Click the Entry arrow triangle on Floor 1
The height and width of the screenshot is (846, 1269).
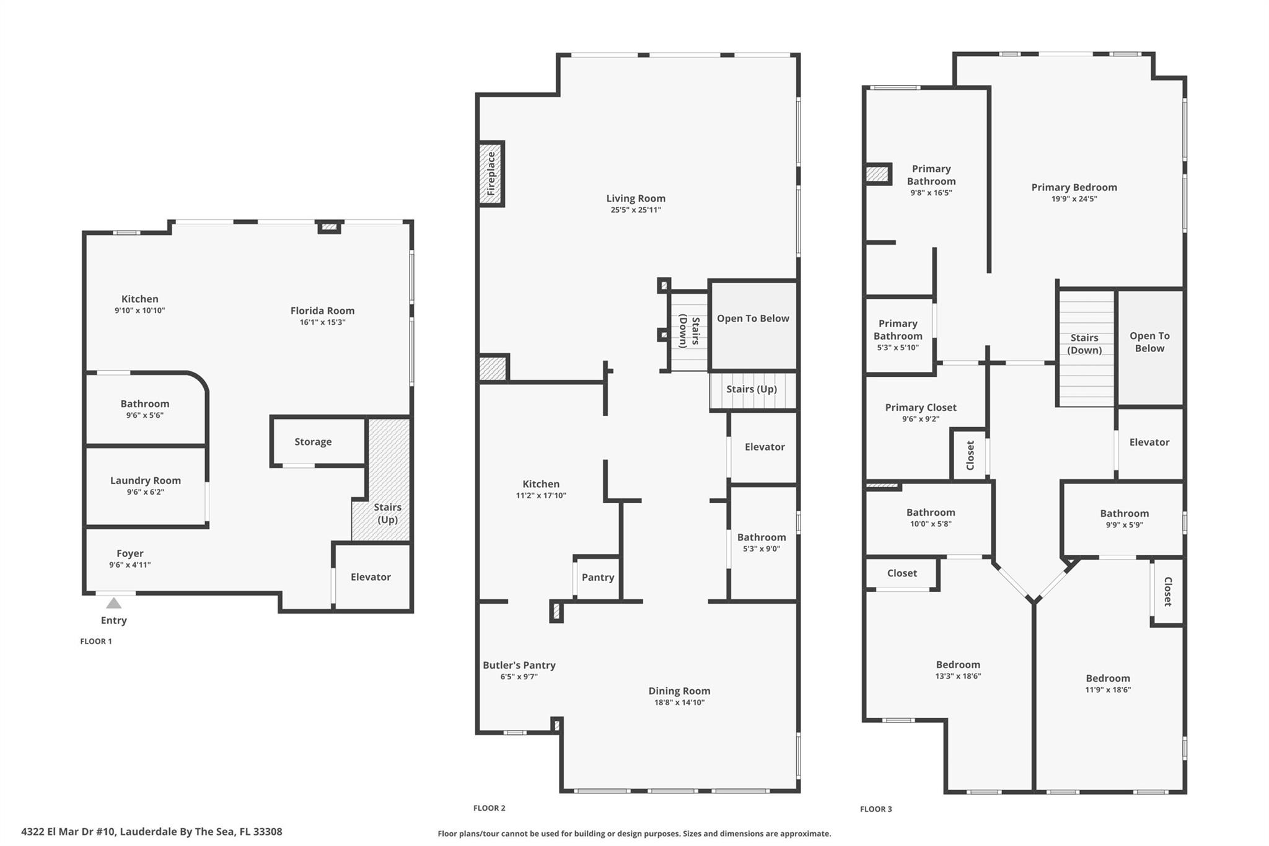pos(113,603)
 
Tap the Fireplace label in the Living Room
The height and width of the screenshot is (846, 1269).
pos(491,174)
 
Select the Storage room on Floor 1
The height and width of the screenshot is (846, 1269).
pos(313,442)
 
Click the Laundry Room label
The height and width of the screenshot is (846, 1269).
pos(146,480)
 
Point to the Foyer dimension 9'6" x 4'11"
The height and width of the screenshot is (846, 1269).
pos(130,565)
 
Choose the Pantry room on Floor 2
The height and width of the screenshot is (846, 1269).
pos(597,577)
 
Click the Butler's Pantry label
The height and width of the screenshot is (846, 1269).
pos(519,665)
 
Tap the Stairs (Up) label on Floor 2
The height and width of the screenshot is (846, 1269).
pos(752,389)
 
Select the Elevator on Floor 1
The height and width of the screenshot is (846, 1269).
pos(371,577)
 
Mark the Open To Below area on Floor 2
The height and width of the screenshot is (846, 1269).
pos(753,319)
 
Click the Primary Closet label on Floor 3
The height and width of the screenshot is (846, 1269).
pos(921,407)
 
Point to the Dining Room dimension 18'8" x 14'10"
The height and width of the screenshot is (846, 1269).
pos(680,702)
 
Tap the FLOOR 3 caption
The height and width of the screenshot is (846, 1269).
pos(876,809)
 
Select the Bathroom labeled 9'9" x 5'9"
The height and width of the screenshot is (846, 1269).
pos(1124,519)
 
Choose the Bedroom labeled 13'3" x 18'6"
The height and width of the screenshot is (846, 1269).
pos(958,670)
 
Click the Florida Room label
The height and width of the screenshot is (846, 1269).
pos(322,311)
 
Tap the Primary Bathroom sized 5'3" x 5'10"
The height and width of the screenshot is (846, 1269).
pos(898,335)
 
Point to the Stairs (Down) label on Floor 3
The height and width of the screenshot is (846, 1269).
pos(1084,344)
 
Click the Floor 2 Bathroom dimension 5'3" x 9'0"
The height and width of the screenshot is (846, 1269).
pos(762,549)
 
